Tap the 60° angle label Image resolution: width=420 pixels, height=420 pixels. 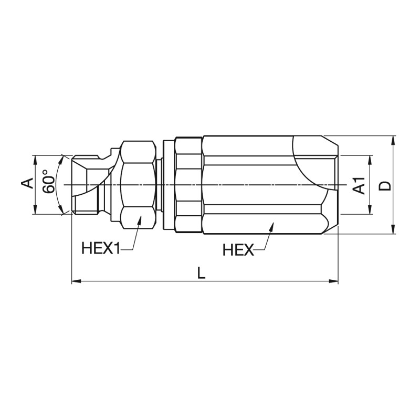[x=49, y=181]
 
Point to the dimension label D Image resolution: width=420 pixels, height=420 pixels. [x=385, y=185]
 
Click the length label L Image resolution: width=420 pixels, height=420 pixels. [x=202, y=273]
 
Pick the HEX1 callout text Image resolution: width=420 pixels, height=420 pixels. [x=101, y=248]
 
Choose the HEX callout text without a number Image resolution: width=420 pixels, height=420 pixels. [x=238, y=250]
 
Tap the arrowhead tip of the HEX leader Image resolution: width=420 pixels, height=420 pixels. [x=273, y=223]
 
